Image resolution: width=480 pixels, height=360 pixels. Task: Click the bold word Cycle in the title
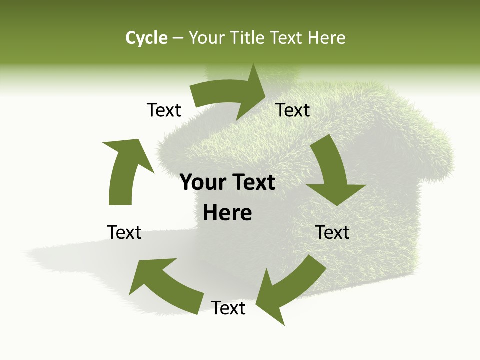point(146,38)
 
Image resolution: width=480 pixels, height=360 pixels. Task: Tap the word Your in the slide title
point(207,38)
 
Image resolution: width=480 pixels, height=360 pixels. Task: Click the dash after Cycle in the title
point(178,38)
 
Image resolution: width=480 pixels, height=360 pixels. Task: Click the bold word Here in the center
point(227,213)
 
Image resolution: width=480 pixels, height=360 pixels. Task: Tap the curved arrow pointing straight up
point(124,170)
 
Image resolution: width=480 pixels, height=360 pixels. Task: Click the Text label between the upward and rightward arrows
point(164,110)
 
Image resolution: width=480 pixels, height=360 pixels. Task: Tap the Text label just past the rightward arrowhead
point(293,110)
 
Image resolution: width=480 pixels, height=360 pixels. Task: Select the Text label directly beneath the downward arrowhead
point(332,232)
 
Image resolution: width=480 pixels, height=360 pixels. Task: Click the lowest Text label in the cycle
point(228,308)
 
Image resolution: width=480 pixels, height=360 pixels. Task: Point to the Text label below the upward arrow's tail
point(124,232)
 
